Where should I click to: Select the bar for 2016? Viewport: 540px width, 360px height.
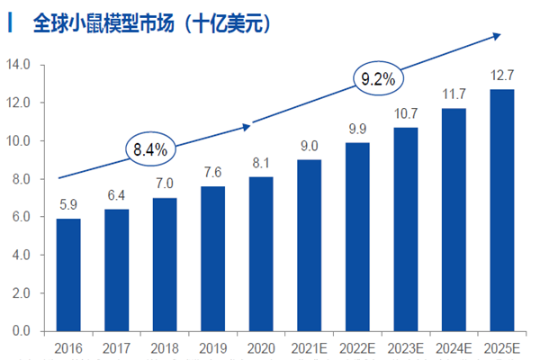point(68,274)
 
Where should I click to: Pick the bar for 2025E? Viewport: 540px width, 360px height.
point(502,210)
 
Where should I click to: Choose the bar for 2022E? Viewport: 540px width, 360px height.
point(357,237)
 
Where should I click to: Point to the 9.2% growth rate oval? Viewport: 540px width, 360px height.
point(378,80)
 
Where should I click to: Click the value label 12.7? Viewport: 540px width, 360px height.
point(502,74)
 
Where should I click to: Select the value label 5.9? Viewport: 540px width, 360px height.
point(68,203)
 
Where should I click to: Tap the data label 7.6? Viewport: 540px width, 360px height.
point(213,172)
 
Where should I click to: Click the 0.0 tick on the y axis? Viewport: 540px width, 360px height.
point(21,331)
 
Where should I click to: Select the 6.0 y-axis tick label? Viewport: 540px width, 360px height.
point(21,217)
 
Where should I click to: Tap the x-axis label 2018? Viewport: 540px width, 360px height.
point(165,346)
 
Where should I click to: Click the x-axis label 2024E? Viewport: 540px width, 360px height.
point(454,346)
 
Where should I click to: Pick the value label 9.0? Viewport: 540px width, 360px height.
point(310,145)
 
